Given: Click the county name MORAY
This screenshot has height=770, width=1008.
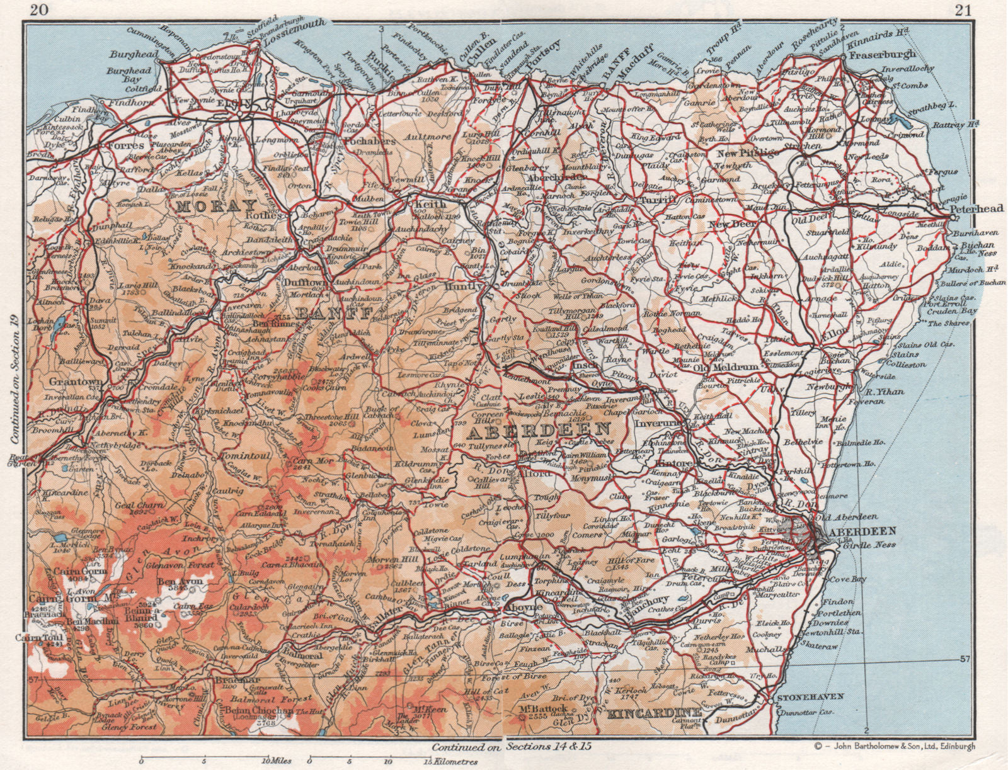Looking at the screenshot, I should pyautogui.click(x=216, y=205).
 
